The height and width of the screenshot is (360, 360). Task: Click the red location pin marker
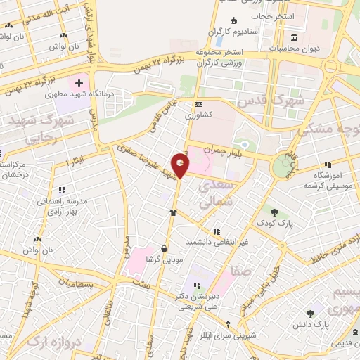tap(181, 166)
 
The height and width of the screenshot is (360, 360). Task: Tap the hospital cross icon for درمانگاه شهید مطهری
tap(79, 83)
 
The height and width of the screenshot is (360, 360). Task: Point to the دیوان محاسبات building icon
tap(294, 37)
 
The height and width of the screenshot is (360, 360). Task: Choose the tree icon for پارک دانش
tap(310, 314)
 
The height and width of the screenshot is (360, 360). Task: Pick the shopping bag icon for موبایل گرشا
tap(164, 248)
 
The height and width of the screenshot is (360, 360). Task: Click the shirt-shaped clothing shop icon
tap(172, 212)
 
